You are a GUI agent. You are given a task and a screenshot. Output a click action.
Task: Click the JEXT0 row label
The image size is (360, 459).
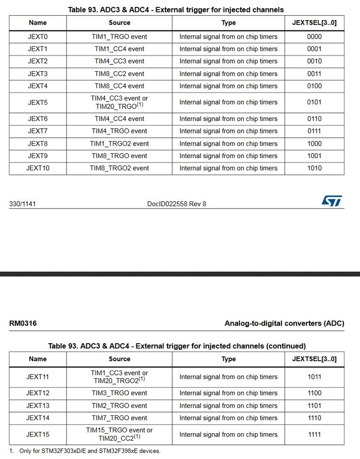tap(38, 37)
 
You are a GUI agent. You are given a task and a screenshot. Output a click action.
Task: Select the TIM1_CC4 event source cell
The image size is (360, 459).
tap(119, 49)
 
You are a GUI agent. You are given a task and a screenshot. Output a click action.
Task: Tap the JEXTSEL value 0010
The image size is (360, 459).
tap(314, 61)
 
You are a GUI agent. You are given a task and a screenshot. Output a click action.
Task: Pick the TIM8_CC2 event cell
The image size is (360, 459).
tap(119, 74)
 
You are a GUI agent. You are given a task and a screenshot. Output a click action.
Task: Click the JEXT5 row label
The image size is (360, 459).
tap(38, 102)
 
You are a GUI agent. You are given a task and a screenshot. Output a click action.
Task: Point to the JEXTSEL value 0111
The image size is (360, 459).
tap(314, 131)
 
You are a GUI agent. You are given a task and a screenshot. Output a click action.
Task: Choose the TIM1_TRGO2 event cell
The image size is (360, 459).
tap(119, 143)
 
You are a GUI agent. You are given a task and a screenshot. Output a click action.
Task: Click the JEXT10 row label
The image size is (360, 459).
tap(38, 168)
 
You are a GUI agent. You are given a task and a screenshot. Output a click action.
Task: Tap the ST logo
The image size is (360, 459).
tap(332, 201)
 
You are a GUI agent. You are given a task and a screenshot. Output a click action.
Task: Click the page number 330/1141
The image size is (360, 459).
tap(22, 204)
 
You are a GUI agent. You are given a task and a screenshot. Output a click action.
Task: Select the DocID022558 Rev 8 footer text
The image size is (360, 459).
tap(177, 204)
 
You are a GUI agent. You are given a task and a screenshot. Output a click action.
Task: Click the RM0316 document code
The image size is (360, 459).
tap(23, 323)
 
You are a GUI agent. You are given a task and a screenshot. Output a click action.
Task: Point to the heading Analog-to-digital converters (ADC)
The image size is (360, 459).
tap(284, 323)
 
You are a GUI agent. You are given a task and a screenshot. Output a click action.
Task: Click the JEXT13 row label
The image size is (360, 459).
tap(38, 406)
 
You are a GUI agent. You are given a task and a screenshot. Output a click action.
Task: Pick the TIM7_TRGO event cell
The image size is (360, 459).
tap(119, 418)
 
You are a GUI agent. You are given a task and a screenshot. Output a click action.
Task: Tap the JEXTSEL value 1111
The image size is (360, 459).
tap(314, 434)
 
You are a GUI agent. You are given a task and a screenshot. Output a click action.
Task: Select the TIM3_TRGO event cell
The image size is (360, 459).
tap(119, 393)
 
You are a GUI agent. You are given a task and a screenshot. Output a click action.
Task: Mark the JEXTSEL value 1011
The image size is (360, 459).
tap(314, 377)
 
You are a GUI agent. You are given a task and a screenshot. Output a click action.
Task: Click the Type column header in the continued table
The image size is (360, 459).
tap(228, 359)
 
